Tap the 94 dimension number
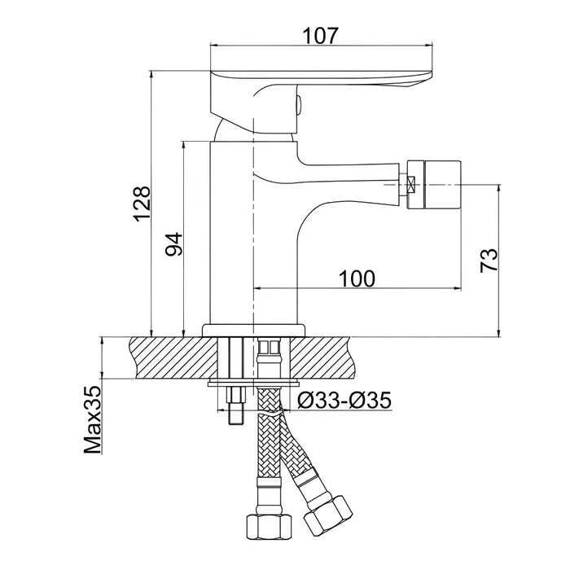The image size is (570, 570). [x=173, y=244]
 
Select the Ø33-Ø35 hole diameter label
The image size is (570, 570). [x=344, y=400]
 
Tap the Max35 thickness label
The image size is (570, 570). [x=92, y=419]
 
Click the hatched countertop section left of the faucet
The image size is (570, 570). [x=163, y=357]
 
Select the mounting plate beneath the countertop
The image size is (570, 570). [x=254, y=384]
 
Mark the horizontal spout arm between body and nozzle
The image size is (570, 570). [x=350, y=175]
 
